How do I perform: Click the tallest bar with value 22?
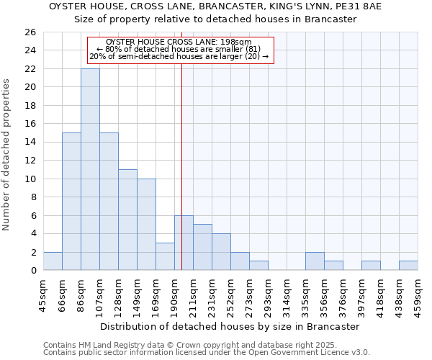click(90, 169)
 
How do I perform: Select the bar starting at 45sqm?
click(53, 261)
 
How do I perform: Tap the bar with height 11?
click(127, 220)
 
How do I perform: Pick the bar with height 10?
click(146, 225)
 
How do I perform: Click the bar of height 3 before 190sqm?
click(165, 256)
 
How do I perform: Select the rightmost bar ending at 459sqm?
click(408, 266)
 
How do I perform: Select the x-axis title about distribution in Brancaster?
click(230, 326)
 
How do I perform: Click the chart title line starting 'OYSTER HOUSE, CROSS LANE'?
click(215, 6)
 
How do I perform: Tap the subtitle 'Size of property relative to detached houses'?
click(215, 19)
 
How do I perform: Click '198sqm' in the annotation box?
click(237, 42)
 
